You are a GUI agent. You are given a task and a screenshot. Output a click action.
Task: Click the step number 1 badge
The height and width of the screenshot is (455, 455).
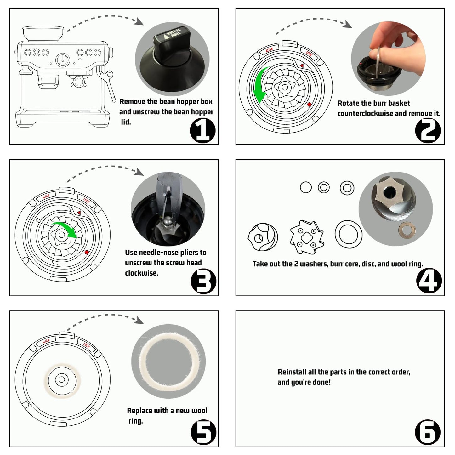click(203, 130)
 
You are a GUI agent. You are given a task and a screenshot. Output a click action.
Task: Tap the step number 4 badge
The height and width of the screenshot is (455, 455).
click(429, 281)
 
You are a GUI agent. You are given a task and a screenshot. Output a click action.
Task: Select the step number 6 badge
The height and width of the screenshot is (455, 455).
click(428, 432)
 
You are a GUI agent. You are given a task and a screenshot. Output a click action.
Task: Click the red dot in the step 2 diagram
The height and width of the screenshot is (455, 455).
click(309, 105)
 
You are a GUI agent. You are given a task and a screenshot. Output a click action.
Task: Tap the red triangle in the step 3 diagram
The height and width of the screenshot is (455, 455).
click(78, 213)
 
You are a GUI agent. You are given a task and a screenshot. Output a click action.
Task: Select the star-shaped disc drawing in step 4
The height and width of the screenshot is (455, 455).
click(307, 237)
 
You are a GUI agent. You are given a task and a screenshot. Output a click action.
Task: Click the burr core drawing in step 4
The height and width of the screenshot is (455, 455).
click(263, 237)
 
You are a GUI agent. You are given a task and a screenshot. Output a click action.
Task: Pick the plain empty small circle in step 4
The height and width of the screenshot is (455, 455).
click(306, 187)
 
